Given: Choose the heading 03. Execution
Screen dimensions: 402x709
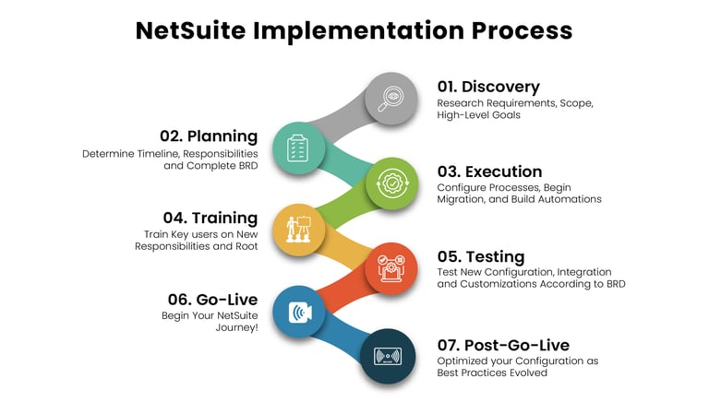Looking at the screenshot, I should [x=490, y=171].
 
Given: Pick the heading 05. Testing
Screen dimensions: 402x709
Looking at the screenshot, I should [x=481, y=256].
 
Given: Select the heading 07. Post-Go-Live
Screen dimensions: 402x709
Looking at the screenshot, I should [x=503, y=345].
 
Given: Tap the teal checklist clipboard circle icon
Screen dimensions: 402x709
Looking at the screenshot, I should [x=298, y=148].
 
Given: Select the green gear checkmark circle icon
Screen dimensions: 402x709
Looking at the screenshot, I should [x=391, y=183].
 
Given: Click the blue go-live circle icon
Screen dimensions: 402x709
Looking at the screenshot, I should [x=298, y=312].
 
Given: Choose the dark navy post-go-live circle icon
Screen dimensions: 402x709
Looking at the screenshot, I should [x=386, y=355].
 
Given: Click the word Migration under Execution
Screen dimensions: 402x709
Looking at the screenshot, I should [x=463, y=199].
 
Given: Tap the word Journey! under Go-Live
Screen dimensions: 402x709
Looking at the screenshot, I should [x=237, y=326].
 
